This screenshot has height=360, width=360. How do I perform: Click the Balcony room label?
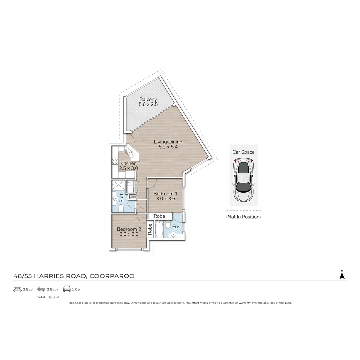[x=148, y=99]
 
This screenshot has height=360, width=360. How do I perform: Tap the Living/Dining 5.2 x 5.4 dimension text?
[x=168, y=147]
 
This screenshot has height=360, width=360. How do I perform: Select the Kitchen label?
[x=128, y=163]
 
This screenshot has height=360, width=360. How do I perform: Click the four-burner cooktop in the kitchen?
[x=115, y=161]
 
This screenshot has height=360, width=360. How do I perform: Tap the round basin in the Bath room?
[x=115, y=198]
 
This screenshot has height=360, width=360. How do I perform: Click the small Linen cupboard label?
[x=132, y=197]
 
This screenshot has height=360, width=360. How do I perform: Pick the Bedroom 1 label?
[x=165, y=194]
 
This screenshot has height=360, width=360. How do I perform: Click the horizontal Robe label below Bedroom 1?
[x=159, y=216]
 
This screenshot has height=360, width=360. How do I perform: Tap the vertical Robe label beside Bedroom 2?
[x=150, y=229]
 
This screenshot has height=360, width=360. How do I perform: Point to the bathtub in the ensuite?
[x=159, y=229]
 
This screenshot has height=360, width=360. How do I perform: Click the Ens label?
[x=176, y=227]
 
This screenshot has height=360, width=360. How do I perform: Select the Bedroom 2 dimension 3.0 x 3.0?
[x=129, y=234]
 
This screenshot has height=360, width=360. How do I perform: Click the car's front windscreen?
[x=243, y=168]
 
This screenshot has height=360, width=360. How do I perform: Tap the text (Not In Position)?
[x=243, y=217]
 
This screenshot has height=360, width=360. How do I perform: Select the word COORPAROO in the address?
[x=112, y=276]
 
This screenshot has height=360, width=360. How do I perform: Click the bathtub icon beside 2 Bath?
[x=41, y=289]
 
